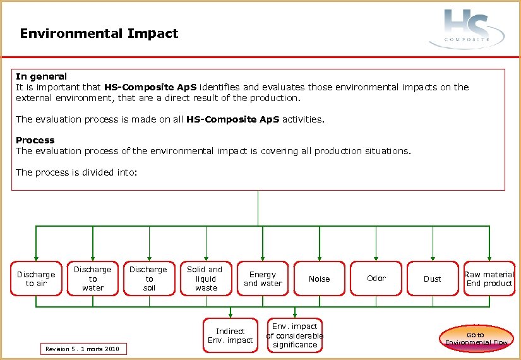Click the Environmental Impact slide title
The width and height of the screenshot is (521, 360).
click(x=99, y=33)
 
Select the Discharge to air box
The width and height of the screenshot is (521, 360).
click(x=36, y=279)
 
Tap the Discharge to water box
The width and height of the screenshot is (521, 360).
click(x=93, y=279)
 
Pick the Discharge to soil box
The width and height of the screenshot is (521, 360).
click(x=149, y=279)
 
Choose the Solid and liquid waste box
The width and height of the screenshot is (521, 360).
click(x=206, y=279)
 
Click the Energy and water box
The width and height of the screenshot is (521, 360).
click(x=263, y=279)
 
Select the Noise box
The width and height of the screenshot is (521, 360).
click(x=319, y=279)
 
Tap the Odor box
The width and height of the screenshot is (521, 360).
click(x=376, y=279)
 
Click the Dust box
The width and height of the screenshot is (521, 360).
click(x=433, y=279)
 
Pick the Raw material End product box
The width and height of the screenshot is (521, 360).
click(x=489, y=279)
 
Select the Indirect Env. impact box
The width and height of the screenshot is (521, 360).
click(x=230, y=335)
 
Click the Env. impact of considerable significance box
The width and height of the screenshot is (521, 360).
click(x=295, y=335)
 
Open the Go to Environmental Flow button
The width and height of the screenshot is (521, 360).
click(x=476, y=339)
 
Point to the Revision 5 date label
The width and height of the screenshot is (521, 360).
click(x=83, y=349)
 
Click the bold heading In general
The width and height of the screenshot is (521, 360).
click(x=41, y=76)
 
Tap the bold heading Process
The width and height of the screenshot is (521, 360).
click(x=35, y=140)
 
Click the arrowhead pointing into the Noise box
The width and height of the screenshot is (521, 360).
click(x=320, y=258)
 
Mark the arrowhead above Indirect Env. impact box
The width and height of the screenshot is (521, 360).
click(x=230, y=315)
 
